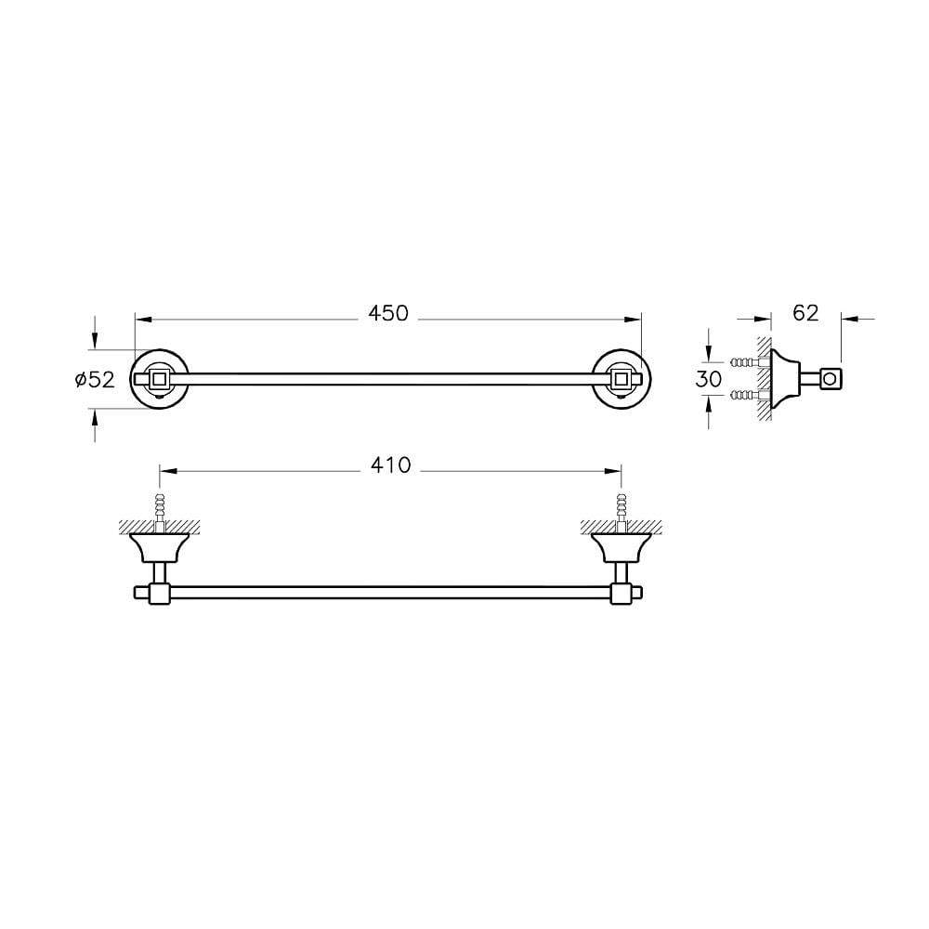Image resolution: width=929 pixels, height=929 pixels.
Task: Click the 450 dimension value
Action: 388,314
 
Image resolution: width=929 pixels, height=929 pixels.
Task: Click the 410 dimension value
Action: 390,465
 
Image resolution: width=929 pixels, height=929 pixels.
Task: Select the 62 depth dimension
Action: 805,313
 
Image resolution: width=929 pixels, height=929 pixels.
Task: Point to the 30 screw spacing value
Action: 709,378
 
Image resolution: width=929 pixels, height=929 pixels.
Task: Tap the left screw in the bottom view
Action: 160,509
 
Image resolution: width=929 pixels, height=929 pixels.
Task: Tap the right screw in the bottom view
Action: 621,509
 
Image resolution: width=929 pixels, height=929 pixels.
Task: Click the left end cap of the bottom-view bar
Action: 139,592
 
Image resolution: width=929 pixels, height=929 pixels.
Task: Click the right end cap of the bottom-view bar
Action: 641,592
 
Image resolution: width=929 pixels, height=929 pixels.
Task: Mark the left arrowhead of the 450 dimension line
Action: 141,319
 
